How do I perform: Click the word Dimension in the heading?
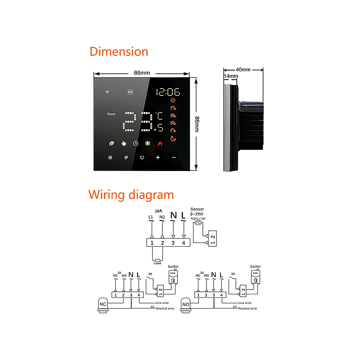[x=119, y=51]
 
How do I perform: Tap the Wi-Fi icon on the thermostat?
[x=108, y=92]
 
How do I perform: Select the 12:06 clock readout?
[x=168, y=92]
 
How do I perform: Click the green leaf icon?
[x=111, y=144]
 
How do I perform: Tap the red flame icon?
[x=159, y=144]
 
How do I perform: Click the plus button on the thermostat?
[x=158, y=157]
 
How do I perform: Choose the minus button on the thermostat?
[x=174, y=157]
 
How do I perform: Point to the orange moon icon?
[x=173, y=139]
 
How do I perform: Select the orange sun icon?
[x=173, y=100]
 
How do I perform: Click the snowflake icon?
[x=147, y=144]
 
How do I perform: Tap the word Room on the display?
[x=111, y=114]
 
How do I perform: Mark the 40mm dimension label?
[x=243, y=70]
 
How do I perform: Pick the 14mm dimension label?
[x=231, y=76]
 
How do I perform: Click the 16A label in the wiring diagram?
[x=158, y=210]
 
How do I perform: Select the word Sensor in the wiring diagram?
[x=198, y=209]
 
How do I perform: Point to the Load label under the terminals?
[x=157, y=263]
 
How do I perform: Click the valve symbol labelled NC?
[x=103, y=304]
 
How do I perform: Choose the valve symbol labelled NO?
[x=185, y=304]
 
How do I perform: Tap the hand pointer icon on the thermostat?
[x=123, y=144]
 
